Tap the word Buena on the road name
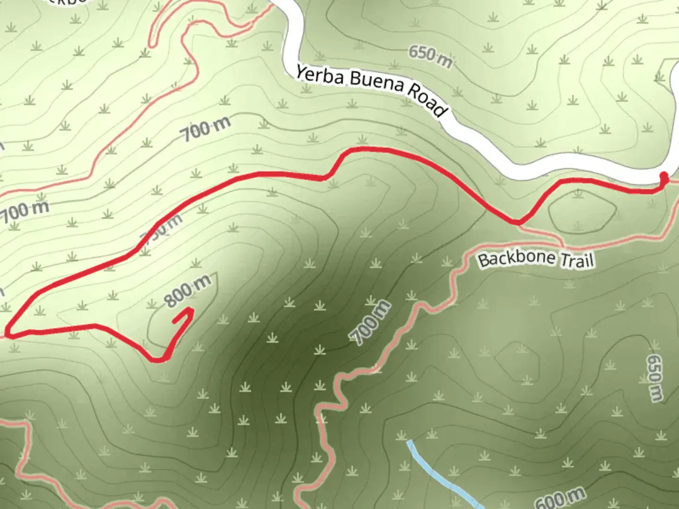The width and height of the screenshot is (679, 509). (377, 84)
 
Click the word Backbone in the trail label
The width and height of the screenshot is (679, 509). (516, 258)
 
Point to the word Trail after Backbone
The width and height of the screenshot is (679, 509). (577, 260)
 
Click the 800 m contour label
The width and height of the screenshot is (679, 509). (188, 291)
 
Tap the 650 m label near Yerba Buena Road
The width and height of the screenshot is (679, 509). (430, 57)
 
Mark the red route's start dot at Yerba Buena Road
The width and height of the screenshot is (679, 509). (664, 178)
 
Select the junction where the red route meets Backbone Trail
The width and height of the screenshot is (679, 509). (518, 223)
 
